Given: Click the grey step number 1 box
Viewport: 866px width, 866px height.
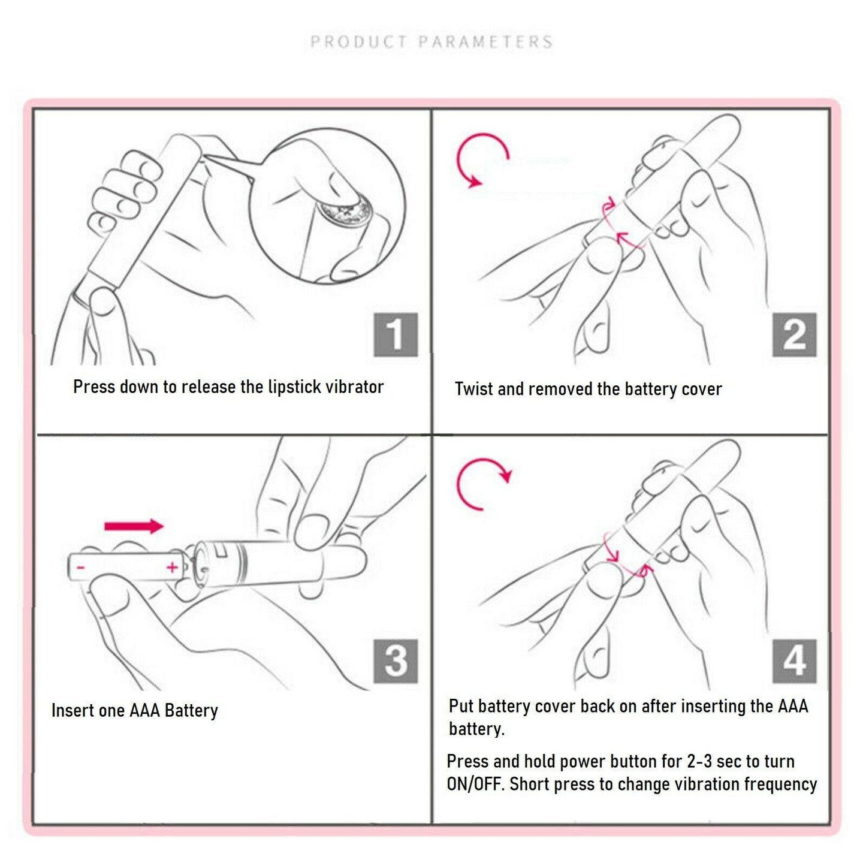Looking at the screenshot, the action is tap(396, 335).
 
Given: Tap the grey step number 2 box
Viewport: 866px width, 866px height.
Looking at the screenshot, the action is tap(794, 335).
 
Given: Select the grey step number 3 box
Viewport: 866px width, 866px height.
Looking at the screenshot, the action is tap(396, 661).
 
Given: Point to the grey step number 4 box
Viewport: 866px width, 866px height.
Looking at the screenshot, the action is tap(794, 661).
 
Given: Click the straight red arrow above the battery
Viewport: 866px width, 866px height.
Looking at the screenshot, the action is tap(134, 526).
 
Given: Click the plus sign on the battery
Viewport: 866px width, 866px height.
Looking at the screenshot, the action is tap(172, 567).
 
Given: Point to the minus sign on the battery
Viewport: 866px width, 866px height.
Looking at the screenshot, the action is tap(80, 568).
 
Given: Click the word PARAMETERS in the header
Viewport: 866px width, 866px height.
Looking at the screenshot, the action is tap(485, 42).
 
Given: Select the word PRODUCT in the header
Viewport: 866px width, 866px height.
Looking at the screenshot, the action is tap(358, 42).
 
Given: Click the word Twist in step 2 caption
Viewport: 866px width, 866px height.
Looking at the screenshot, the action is tap(474, 389).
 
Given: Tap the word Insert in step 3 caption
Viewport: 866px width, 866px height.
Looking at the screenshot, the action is tap(67, 710).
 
